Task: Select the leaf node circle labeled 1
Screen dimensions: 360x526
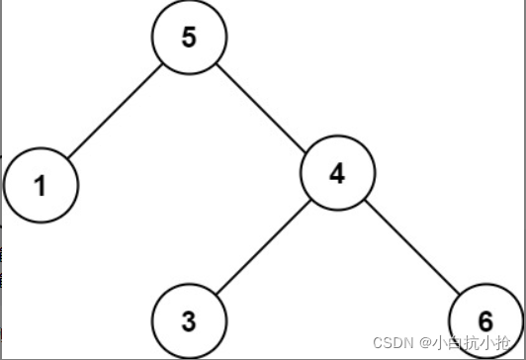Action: [x=41, y=185]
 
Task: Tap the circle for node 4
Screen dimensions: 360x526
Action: [x=337, y=174]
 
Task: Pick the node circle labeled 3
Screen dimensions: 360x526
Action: [x=189, y=322]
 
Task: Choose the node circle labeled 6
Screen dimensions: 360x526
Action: [x=484, y=322]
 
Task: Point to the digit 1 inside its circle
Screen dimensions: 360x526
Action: [x=41, y=185]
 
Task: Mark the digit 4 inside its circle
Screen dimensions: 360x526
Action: [x=337, y=174]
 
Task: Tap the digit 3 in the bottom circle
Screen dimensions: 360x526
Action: [x=189, y=322]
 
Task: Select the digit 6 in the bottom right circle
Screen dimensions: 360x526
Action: [x=484, y=322]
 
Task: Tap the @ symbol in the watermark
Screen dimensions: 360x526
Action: [x=422, y=343]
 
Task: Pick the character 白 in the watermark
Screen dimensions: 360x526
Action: [x=454, y=343]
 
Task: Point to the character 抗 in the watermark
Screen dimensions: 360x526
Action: [x=472, y=343]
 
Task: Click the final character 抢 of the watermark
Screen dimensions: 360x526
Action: [x=508, y=343]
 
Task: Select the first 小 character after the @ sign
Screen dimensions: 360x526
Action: [x=437, y=343]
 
